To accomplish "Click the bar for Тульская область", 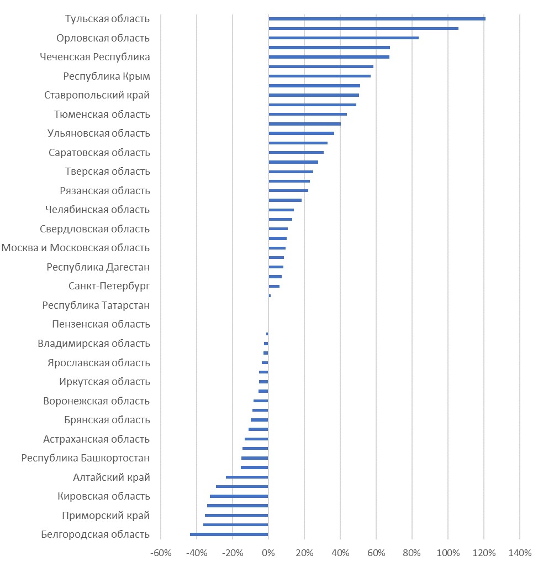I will (x=377, y=19).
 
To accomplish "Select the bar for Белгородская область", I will (x=229, y=534).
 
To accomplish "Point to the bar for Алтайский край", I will (x=247, y=477).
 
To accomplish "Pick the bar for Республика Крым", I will (x=319, y=76).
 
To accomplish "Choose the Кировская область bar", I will (x=239, y=496).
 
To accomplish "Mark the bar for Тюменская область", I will (x=308, y=114).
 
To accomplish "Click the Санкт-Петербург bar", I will (x=274, y=286).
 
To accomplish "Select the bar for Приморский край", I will (x=236, y=515).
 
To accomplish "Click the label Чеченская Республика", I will (x=95, y=57).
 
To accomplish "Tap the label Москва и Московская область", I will (x=76, y=248).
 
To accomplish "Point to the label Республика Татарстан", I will (x=96, y=305).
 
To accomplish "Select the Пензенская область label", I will (x=101, y=324).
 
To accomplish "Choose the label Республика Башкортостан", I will (x=86, y=458).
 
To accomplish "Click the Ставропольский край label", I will (x=97, y=95).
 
